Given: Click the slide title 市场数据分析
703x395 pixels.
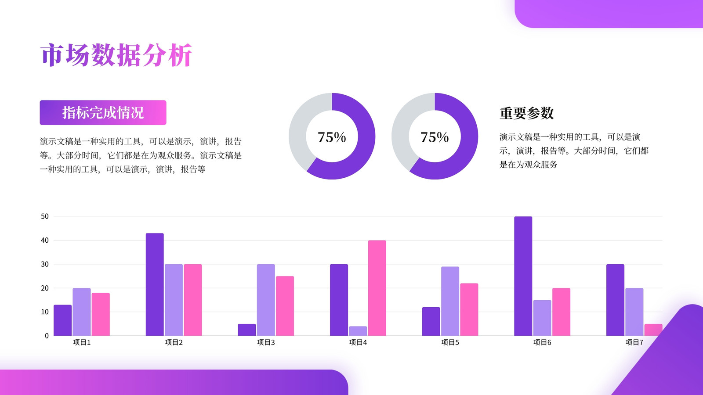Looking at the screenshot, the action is pyautogui.click(x=116, y=55).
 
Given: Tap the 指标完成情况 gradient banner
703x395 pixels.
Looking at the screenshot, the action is pyautogui.click(x=103, y=112).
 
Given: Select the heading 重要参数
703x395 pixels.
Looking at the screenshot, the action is pyautogui.click(x=527, y=113).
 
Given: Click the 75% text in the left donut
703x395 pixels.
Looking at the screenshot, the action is pyautogui.click(x=332, y=137).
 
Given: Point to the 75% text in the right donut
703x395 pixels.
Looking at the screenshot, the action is pyautogui.click(x=435, y=137).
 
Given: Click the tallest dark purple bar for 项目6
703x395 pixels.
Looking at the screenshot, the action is pyautogui.click(x=523, y=276).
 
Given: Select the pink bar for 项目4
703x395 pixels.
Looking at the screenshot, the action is pyautogui.click(x=377, y=288).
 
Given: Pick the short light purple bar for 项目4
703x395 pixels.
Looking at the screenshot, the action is pyautogui.click(x=358, y=331).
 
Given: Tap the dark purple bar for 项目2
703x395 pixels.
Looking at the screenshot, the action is pyautogui.click(x=155, y=284).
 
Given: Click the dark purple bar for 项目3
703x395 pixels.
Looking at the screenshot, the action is pyautogui.click(x=246, y=330).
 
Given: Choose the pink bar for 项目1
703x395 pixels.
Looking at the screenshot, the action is pyautogui.click(x=101, y=314).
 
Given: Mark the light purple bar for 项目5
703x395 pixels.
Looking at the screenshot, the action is pyautogui.click(x=450, y=301).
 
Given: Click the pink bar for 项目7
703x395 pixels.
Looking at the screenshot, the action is pyautogui.click(x=653, y=330).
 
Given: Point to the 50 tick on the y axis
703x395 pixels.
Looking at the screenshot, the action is pyautogui.click(x=45, y=216).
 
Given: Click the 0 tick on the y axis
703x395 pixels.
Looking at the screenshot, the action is pyautogui.click(x=47, y=336).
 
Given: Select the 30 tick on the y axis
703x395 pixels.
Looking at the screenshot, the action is pyautogui.click(x=45, y=264).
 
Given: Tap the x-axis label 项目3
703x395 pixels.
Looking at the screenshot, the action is pyautogui.click(x=266, y=342).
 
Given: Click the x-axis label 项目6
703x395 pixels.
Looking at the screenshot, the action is pyautogui.click(x=542, y=342).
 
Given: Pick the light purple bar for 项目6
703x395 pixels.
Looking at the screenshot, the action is pyautogui.click(x=542, y=318).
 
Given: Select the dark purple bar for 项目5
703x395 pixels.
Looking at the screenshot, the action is pyautogui.click(x=431, y=321).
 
